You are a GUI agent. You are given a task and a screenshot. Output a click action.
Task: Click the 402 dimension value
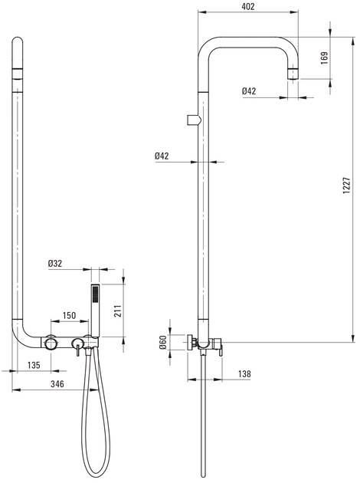[x=248, y=6]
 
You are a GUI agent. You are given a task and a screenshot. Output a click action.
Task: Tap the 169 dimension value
[x=324, y=58]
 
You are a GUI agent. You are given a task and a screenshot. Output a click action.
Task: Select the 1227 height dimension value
[x=347, y=185]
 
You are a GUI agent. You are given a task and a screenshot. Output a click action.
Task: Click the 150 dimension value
[x=69, y=315]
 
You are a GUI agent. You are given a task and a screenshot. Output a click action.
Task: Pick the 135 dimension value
[x=34, y=365]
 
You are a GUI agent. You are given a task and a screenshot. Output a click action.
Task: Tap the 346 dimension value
[x=57, y=384]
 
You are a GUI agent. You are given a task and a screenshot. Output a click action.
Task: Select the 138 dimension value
[x=244, y=374]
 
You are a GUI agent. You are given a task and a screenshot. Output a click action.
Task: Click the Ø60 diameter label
[x=163, y=342]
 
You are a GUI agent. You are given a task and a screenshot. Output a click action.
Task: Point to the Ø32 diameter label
[x=55, y=264]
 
